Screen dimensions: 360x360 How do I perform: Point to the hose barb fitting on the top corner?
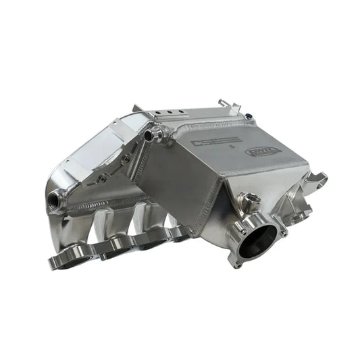pyautogui.click(x=153, y=133)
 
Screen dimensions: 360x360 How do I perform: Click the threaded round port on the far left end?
pyautogui.click(x=53, y=199)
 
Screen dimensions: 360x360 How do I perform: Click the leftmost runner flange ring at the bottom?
pyautogui.click(x=66, y=257)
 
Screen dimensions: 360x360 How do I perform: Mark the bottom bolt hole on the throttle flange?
pyautogui.click(x=237, y=263)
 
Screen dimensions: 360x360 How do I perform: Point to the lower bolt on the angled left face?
pyautogui.click(x=101, y=180)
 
